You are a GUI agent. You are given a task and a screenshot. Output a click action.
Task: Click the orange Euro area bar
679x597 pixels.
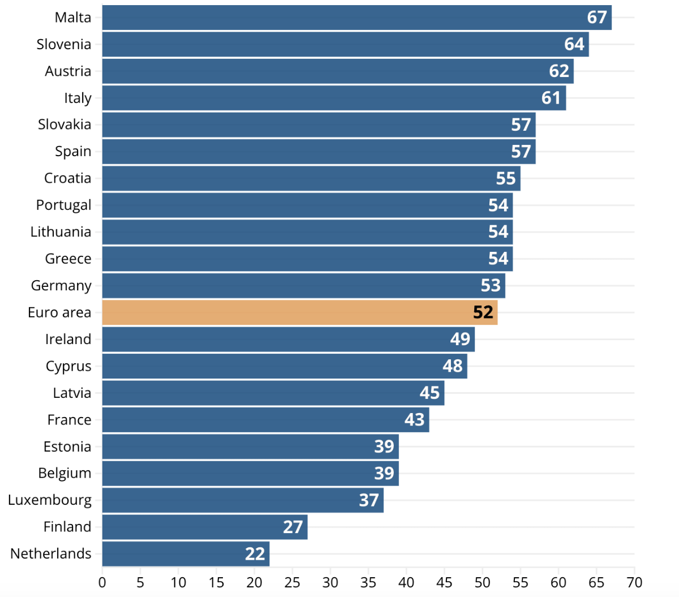coord(300,312)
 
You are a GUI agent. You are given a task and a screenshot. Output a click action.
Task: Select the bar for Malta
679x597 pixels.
coord(356,18)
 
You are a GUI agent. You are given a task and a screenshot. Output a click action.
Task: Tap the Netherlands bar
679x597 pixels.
coord(186,553)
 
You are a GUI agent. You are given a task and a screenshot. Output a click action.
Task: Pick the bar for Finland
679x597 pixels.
coord(205,527)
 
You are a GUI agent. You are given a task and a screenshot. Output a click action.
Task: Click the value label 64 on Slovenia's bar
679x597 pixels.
coord(574,44)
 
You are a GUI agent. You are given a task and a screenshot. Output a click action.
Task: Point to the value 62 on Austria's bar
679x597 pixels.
coord(558,71)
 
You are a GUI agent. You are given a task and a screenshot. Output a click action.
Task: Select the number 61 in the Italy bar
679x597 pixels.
coord(551,98)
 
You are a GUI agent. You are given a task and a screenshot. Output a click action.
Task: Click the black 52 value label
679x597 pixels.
coord(483,312)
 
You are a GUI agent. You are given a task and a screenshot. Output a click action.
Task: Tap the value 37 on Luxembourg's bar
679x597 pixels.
coord(369,500)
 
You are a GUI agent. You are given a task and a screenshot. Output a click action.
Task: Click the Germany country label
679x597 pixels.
coord(61,286)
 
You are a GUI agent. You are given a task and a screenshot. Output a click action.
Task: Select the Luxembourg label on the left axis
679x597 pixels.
coord(50,500)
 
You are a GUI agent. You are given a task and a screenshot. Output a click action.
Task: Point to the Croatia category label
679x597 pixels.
coord(67,178)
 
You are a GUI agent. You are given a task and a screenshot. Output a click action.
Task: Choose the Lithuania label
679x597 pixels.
coord(61,232)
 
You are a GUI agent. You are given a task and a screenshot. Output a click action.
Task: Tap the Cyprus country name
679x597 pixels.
coord(68,366)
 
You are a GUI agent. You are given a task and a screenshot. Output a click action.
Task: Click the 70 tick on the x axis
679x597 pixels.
coord(634,583)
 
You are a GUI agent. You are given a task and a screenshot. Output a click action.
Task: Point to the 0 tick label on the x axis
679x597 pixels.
coord(102,583)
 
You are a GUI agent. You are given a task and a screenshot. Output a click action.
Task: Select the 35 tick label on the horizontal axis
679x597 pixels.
coord(368,583)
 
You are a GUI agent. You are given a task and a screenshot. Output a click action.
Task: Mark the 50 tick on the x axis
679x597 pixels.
coord(482,583)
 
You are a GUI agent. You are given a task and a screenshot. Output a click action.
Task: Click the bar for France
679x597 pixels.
coord(266,420)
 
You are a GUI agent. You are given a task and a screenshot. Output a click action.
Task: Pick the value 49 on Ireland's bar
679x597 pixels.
coord(460,339)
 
